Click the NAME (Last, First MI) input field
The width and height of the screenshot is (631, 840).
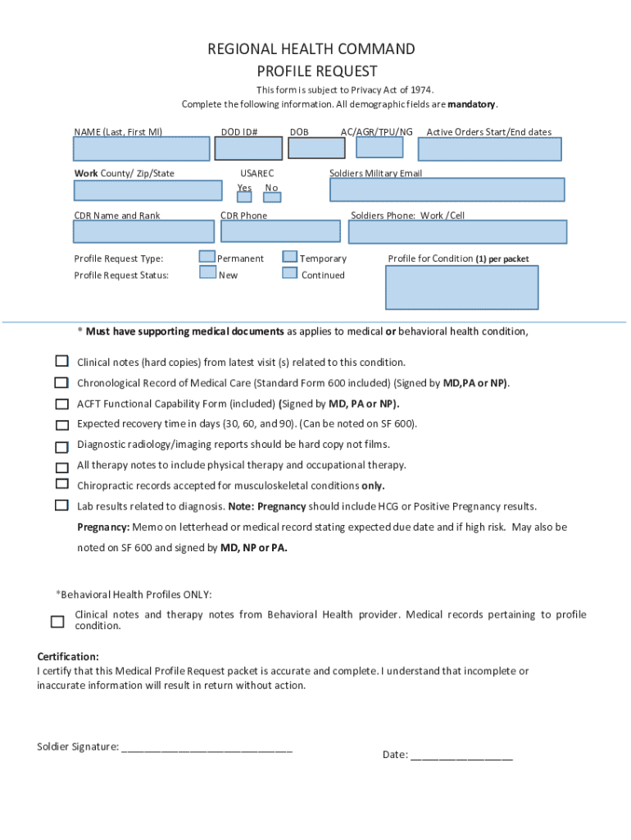pos(142,148)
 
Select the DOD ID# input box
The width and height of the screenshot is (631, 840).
pos(247,148)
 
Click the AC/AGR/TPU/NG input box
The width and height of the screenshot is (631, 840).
pos(379,147)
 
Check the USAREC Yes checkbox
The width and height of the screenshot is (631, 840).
pos(244,198)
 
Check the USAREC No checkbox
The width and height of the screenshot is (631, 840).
pos(272,198)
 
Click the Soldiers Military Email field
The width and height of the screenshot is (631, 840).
pos(447,189)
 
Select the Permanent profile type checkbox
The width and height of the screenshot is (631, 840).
pos(207,258)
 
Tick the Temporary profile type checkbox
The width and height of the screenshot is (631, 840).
pos(289,258)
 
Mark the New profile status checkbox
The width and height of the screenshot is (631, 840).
pos(207,273)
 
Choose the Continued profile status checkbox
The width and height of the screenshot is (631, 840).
pos(289,273)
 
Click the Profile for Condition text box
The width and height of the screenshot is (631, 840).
pos(461,287)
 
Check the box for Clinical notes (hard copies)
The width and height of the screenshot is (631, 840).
pos(61,362)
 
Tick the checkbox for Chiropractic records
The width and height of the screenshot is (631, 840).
pos(61,485)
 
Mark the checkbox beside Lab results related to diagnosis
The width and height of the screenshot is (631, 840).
pos(61,505)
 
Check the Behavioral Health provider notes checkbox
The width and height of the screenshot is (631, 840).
pos(57,621)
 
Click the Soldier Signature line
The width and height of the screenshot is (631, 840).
pos(207,746)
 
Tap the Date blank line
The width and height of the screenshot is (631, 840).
pos(461,754)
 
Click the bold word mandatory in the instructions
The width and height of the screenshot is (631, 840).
pos(471,105)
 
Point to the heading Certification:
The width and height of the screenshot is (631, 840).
pos(68,657)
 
